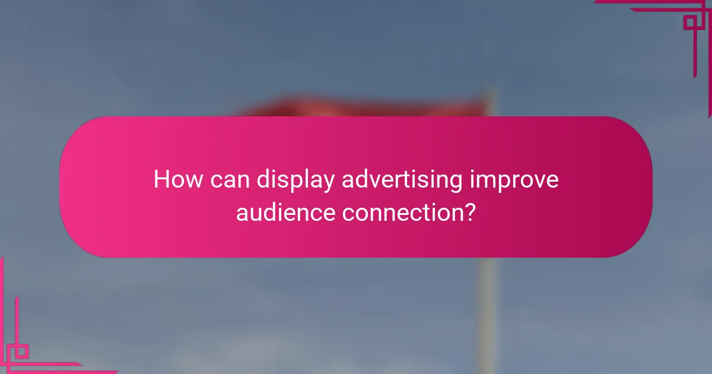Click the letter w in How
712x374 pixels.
pyautogui.click(x=194, y=180)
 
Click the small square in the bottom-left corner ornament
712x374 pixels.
pyautogui.click(x=21, y=351)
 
